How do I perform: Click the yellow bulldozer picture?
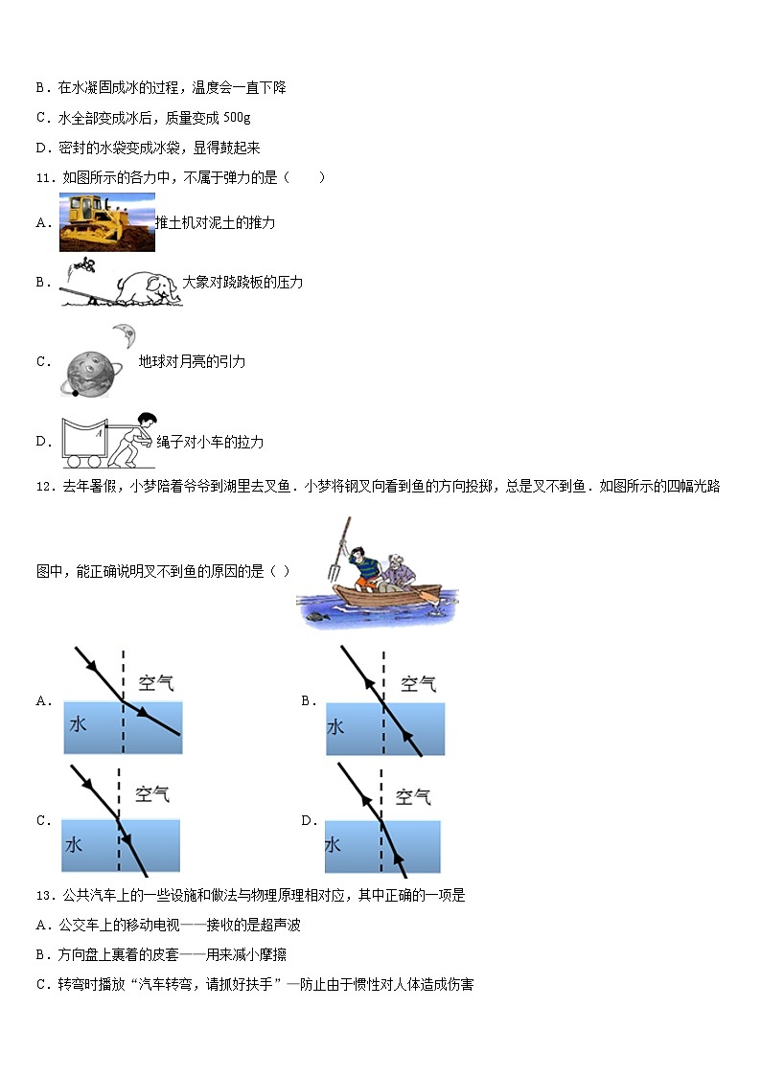click(x=106, y=221)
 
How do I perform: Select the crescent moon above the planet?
click(x=125, y=334)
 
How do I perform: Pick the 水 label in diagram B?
click(x=335, y=726)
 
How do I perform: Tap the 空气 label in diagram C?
click(x=152, y=793)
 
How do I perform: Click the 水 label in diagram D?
click(x=333, y=844)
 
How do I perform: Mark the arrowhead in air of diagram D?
click(x=365, y=794)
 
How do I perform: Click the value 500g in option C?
click(x=236, y=118)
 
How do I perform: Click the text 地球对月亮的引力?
click(x=192, y=362)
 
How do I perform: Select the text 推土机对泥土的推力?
click(x=216, y=222)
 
